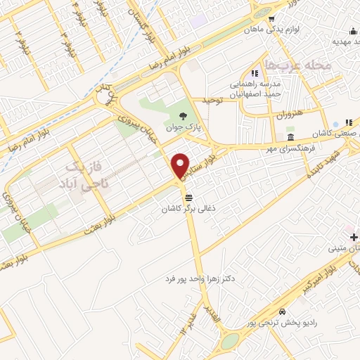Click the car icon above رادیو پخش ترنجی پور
[283, 310]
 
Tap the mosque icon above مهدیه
[353, 31]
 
